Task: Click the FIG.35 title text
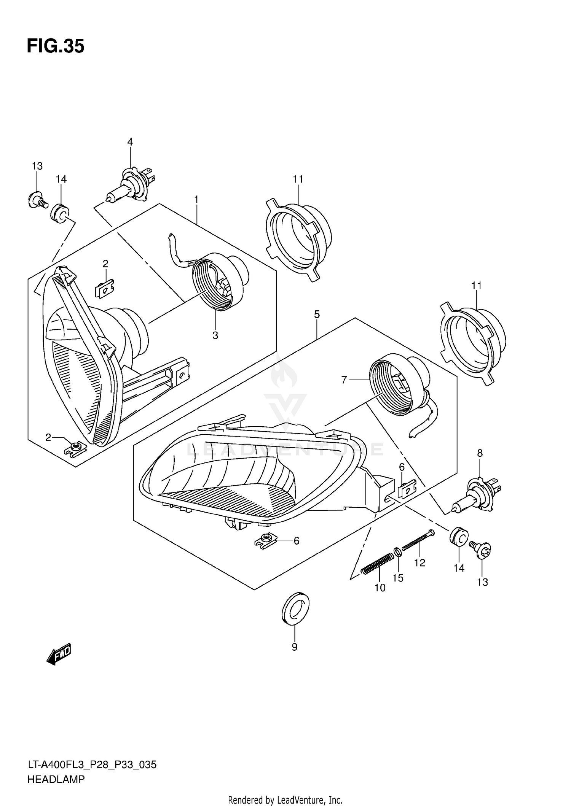click(56, 46)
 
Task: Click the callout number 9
click(294, 647)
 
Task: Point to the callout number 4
click(130, 142)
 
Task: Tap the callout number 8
click(480, 453)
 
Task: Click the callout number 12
click(419, 563)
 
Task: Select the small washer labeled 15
click(396, 551)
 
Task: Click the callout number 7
click(344, 380)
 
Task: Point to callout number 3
click(215, 335)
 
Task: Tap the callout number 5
click(317, 315)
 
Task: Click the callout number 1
click(196, 199)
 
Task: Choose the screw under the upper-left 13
click(37, 200)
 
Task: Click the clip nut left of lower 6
click(265, 540)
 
